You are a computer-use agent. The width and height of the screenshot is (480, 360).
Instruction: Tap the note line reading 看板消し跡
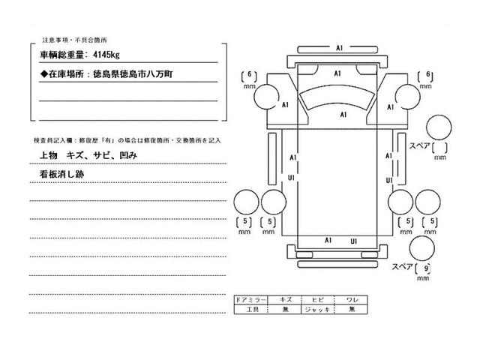61,173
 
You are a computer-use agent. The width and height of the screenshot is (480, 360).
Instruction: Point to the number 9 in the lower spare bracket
427,266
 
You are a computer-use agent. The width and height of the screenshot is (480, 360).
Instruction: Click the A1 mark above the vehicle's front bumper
339,49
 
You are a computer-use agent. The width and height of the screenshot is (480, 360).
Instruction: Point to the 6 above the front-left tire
248,75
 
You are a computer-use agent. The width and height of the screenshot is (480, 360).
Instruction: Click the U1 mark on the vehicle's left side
291,178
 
